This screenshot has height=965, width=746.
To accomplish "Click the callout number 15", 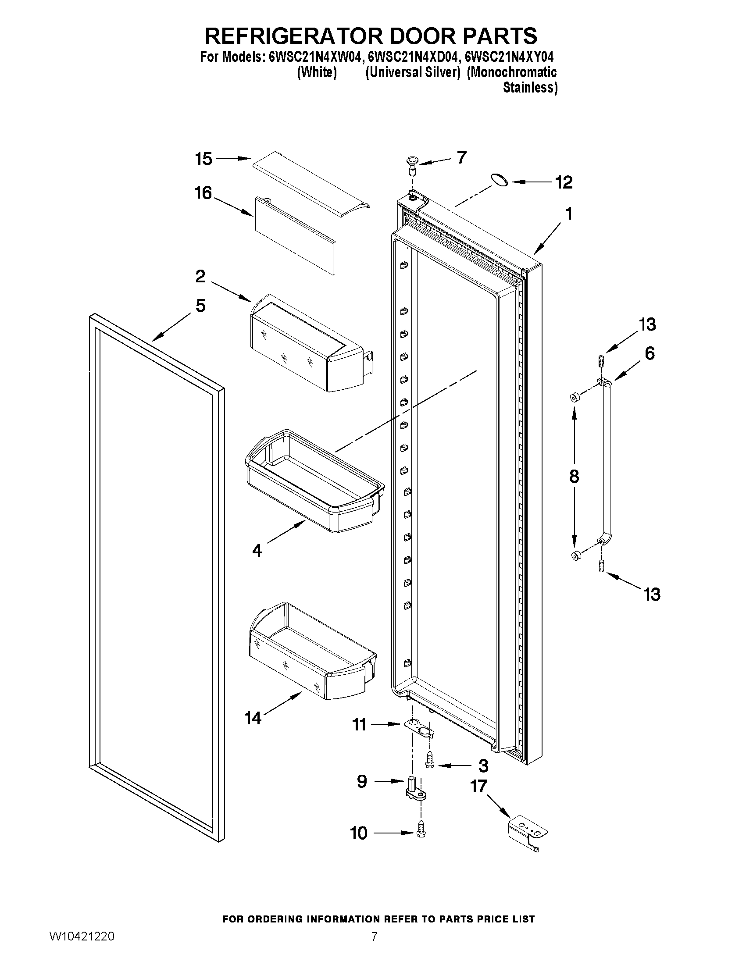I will point(204,159).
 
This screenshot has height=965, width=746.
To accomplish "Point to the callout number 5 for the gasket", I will point(200,306).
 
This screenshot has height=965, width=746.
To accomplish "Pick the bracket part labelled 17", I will point(528,833).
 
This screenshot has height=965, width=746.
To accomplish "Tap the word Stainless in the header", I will point(530,88).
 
